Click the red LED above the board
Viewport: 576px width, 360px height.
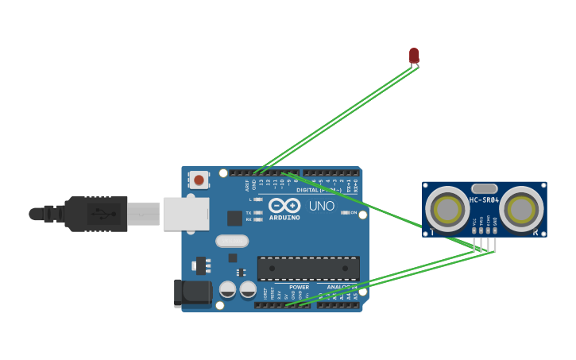pos(414,55)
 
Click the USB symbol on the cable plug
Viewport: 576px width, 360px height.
pos(101,213)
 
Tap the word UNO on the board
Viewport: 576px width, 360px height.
pos(321,206)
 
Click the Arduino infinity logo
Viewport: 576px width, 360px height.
pos(284,205)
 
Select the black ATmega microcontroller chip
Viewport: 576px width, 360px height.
pos(308,268)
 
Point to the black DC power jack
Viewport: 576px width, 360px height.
pos(192,292)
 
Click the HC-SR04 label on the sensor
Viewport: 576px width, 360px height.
pos(484,200)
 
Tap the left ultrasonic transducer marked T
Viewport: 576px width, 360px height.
pos(447,210)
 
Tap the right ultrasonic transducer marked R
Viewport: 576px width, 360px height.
pos(521,210)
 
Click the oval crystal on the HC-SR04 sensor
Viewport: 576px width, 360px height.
pos(484,189)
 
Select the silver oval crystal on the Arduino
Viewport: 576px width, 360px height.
pos(232,241)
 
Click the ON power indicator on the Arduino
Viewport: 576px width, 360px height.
pos(345,212)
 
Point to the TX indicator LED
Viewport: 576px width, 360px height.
pos(257,213)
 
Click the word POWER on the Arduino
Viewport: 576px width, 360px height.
pos(299,287)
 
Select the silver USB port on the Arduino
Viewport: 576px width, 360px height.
pos(186,214)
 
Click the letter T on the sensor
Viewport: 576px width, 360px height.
pos(431,232)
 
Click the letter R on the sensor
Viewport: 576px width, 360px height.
pos(535,232)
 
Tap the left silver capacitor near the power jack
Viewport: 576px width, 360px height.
pos(227,289)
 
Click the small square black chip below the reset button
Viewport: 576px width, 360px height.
pos(234,218)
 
